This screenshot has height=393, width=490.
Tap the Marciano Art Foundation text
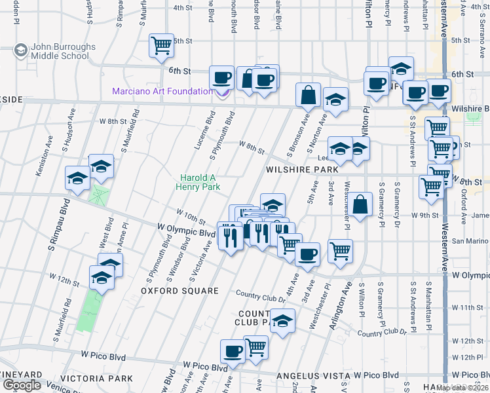pos(162,91)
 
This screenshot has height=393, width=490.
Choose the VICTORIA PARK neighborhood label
pos(96,379)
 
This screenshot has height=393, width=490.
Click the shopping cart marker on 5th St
pos(161,45)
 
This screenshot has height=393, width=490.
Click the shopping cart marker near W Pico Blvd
pos(255,347)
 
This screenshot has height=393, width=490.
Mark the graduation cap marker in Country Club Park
pos(282,321)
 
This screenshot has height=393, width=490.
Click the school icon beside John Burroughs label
pos(20,51)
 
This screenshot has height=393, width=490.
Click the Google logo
pos(22,385)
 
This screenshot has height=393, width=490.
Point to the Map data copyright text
pos(462,388)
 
